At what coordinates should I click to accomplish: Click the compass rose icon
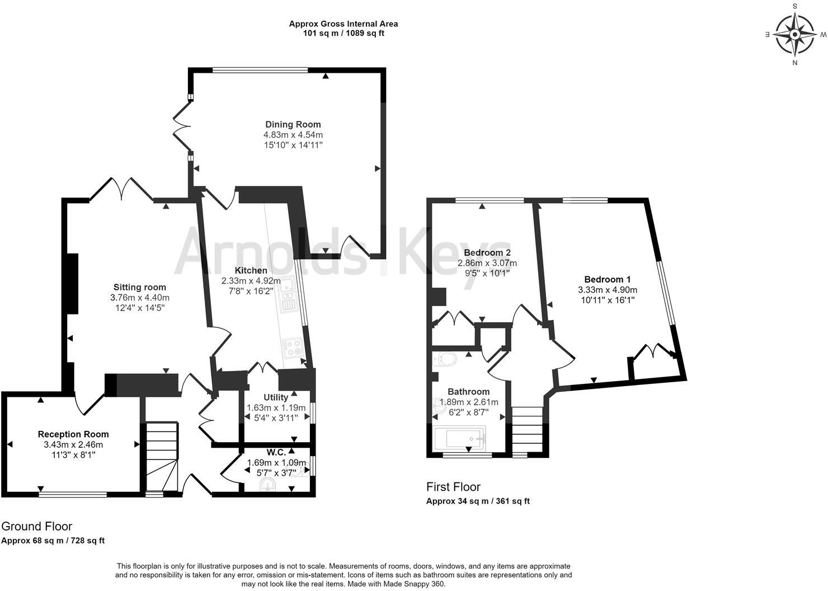794,34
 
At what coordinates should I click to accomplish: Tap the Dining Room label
293,124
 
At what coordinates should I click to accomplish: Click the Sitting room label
139,287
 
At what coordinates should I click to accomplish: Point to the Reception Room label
73,434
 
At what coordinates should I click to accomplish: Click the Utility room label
276,397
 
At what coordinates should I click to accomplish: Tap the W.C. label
276,452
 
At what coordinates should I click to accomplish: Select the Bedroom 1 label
607,279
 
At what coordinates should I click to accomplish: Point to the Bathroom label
468,392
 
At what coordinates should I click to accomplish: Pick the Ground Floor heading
37,526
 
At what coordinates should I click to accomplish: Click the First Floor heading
453,487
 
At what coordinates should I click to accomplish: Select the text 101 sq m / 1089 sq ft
344,33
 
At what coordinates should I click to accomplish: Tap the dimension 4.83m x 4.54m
293,135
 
